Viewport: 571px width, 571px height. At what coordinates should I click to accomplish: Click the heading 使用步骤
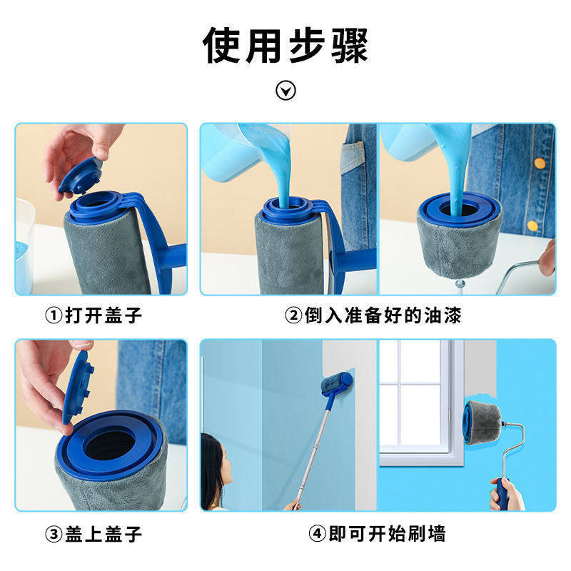click(x=285, y=45)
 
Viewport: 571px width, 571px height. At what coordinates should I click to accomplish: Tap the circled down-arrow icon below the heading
click(x=285, y=91)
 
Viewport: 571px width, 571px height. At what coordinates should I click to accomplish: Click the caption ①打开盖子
click(x=94, y=315)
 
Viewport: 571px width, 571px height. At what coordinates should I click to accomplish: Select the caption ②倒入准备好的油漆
click(x=373, y=315)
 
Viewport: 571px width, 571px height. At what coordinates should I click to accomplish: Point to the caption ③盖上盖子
click(x=94, y=534)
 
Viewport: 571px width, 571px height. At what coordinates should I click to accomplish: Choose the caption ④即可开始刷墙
click(x=377, y=534)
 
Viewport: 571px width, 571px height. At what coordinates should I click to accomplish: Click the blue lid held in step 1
click(x=80, y=176)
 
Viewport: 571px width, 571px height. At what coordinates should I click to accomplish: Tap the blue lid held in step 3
click(x=78, y=387)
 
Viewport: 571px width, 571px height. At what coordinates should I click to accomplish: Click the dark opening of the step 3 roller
click(x=109, y=444)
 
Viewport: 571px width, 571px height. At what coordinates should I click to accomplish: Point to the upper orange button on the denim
click(x=540, y=163)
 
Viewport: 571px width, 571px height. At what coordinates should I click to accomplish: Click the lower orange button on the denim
click(x=532, y=226)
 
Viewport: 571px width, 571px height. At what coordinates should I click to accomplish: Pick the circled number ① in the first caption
click(x=54, y=315)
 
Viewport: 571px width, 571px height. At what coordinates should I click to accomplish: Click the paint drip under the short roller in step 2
click(x=460, y=284)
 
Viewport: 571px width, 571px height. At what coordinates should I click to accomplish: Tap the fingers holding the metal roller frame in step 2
click(x=547, y=257)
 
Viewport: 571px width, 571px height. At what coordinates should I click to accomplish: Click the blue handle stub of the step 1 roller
click(x=174, y=256)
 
